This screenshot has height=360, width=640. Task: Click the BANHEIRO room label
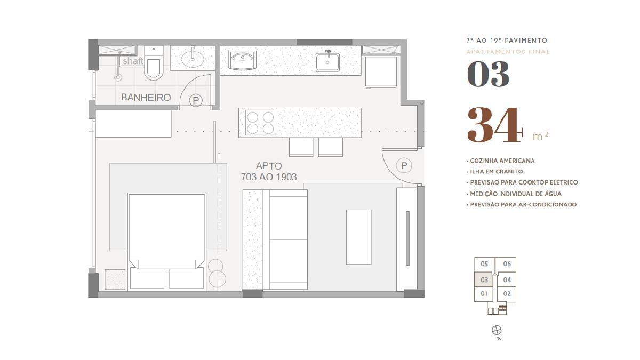pos(146,98)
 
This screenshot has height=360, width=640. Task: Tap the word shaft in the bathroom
pos(133,61)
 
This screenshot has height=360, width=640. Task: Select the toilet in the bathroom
pos(154,63)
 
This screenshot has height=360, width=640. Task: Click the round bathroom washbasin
pos(193,59)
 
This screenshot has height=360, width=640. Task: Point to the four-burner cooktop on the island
pos(261,123)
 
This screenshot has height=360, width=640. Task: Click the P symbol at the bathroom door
pos(196,101)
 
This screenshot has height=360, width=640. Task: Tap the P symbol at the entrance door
pos(404,165)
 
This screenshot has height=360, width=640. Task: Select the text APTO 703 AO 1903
pos(269,171)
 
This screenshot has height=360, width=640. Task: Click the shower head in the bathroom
pos(118,77)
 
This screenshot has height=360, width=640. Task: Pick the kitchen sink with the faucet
pos(327,61)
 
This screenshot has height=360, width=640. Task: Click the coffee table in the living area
pos(359,237)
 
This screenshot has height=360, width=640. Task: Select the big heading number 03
pos(488,74)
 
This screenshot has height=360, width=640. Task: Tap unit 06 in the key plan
pos(507,263)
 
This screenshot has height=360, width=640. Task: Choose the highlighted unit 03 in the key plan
pos(484,279)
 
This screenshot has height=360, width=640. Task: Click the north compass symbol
pos(497,330)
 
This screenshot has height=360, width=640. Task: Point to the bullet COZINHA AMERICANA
pos(501,161)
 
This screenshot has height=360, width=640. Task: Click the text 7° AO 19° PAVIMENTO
pos(507,41)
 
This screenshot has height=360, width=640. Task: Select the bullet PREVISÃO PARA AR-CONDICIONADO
pos(522,205)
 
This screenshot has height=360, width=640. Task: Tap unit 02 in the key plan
pos(507,294)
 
